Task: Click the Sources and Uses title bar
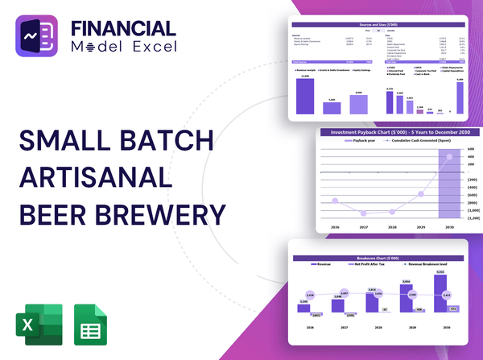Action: coord(378,25)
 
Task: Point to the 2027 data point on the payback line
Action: coord(365,214)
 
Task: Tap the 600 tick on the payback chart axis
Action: coord(473,148)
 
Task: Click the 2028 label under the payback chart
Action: coord(394,229)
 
